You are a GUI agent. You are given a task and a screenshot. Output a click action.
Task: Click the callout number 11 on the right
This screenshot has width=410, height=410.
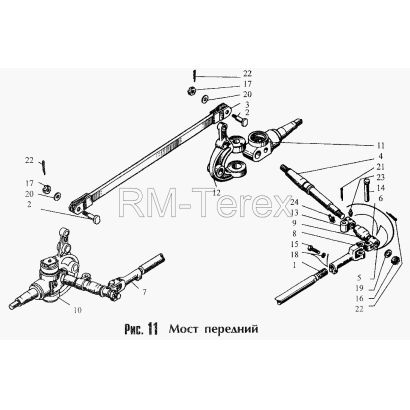(380, 146)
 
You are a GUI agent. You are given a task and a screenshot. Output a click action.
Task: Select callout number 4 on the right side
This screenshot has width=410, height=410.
(380, 156)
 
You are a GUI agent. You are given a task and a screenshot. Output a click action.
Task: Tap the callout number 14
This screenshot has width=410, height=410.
(380, 188)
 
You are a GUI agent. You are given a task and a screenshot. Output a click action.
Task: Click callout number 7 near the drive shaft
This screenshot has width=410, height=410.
(144, 292)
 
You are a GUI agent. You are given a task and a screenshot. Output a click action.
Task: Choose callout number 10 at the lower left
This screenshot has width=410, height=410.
(77, 310)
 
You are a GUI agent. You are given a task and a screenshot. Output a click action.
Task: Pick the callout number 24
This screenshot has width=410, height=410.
(294, 202)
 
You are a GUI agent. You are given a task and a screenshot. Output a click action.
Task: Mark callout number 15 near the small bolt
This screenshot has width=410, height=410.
(294, 244)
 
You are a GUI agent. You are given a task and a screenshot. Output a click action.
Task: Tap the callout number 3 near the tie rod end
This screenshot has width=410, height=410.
(247, 104)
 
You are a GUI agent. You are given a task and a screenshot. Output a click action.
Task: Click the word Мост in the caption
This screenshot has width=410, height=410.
(181, 329)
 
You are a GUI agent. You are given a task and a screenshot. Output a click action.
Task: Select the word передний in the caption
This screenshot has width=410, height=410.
(231, 330)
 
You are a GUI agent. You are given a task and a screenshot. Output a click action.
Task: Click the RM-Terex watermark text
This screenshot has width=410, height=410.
(206, 203)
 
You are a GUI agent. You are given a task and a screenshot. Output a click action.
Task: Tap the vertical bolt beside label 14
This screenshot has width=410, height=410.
(365, 190)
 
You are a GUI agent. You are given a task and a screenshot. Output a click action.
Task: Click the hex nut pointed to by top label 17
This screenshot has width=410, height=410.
(192, 90)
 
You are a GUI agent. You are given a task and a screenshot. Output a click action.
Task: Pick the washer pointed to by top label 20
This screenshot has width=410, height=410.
(204, 99)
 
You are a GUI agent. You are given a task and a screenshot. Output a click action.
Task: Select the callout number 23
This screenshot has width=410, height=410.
(380, 177)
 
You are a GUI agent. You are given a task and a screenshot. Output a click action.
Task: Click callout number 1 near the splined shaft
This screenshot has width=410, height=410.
(294, 265)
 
